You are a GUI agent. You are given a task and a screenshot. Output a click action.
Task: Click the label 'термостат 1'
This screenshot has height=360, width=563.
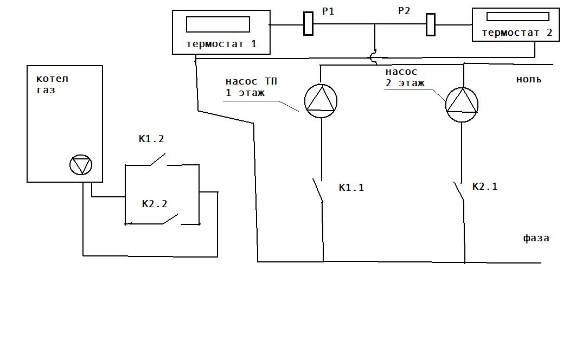coord(221,44)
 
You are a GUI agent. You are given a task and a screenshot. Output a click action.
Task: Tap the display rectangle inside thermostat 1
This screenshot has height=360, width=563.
coord(217,24)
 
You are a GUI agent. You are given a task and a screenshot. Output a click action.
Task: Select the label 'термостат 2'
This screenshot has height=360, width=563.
coord(517,33)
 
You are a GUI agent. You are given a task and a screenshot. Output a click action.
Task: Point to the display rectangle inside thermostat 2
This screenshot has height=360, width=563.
coord(518,16)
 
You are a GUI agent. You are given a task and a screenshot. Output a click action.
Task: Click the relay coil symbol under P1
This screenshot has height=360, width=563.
coord(308,24)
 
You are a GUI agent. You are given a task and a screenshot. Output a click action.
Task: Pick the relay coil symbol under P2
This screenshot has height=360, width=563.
coord(431,25)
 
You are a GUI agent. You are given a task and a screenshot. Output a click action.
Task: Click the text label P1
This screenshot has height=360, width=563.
coord(328,11)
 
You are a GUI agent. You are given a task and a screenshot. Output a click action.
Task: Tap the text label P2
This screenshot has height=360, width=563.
coord(404,11)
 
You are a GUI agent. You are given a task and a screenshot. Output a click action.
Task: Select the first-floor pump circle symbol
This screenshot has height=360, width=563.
coord(321,101)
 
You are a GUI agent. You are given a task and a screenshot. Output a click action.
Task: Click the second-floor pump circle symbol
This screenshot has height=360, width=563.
coord(462,105)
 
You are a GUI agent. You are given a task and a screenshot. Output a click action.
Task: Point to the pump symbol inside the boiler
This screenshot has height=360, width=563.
coord(81,165)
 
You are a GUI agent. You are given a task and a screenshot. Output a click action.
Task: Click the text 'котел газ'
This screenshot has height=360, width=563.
coord(52,85)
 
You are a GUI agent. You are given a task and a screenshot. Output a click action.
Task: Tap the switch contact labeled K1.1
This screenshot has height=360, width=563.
coord(318,191)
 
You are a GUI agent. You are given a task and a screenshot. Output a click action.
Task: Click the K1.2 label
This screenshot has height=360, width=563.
coord(151,139)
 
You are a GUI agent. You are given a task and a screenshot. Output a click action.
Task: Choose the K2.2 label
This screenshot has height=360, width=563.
coord(155,204)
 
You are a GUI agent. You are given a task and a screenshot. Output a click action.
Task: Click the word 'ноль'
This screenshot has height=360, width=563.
coord(528,79)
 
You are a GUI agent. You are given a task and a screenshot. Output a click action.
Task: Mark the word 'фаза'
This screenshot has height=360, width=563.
coord(536,238)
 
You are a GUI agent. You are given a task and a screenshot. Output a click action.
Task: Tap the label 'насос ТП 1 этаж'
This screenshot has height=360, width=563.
coord(251,87)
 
